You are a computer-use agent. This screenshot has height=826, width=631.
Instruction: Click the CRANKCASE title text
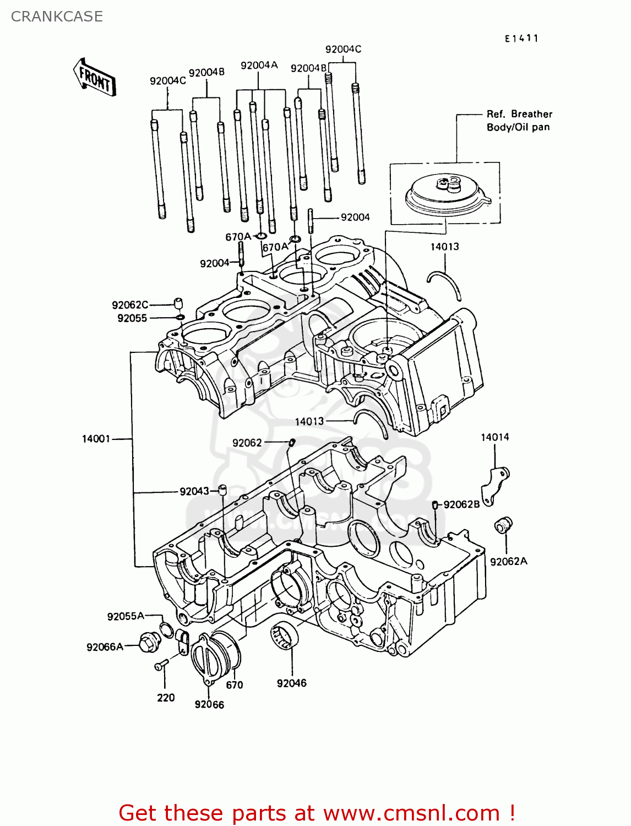(57, 17)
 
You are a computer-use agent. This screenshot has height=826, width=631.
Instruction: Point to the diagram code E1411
(521, 38)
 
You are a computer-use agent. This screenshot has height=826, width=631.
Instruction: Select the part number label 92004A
(259, 66)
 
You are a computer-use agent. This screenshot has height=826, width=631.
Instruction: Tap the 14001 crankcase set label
(96, 439)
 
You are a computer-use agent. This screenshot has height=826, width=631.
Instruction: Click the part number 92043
(194, 491)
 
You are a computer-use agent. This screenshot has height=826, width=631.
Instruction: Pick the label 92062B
(461, 504)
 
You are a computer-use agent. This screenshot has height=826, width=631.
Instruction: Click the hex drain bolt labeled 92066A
(150, 642)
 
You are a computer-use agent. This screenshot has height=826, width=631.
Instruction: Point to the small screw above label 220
(160, 666)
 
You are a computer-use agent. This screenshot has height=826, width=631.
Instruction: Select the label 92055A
(126, 616)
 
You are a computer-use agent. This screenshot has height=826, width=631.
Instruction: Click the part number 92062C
(130, 305)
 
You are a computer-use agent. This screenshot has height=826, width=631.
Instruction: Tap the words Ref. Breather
(519, 114)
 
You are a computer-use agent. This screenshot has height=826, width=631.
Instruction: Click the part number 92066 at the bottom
(209, 704)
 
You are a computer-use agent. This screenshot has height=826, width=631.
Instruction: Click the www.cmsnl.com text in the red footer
(411, 813)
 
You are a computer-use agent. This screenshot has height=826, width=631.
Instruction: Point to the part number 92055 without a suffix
(132, 318)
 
